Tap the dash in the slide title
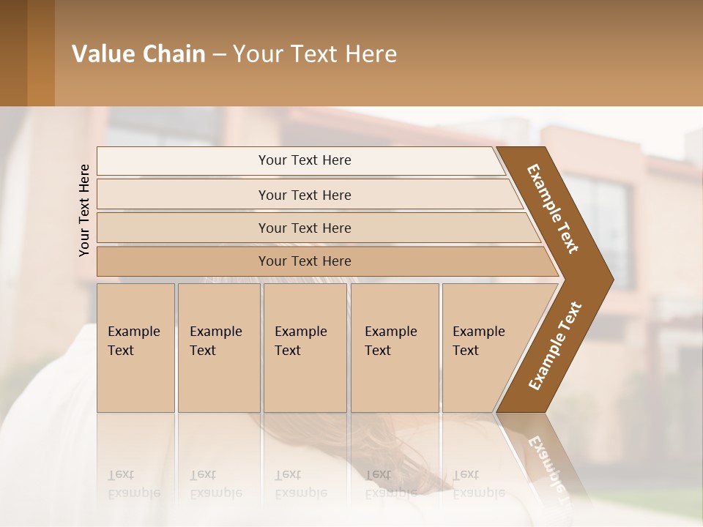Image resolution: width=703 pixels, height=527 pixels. click(x=219, y=55)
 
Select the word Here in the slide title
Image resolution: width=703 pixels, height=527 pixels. click(x=371, y=54)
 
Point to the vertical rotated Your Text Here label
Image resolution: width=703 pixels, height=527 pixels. click(x=84, y=210)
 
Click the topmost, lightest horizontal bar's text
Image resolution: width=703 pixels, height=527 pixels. click(x=305, y=160)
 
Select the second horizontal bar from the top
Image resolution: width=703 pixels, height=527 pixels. click(x=305, y=195)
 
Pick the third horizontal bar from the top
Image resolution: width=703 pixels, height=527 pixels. click(x=305, y=228)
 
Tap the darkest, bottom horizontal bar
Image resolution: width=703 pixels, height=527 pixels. click(x=305, y=261)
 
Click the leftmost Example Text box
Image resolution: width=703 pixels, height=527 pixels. click(x=135, y=348)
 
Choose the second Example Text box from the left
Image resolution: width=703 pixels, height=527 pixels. click(x=218, y=348)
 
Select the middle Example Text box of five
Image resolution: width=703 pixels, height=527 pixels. click(x=304, y=348)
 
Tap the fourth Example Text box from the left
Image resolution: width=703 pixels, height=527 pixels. click(x=394, y=348)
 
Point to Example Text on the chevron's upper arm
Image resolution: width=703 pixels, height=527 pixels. click(x=553, y=209)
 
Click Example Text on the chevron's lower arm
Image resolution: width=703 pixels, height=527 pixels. click(x=555, y=346)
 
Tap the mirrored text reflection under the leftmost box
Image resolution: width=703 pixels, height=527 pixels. click(x=133, y=484)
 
